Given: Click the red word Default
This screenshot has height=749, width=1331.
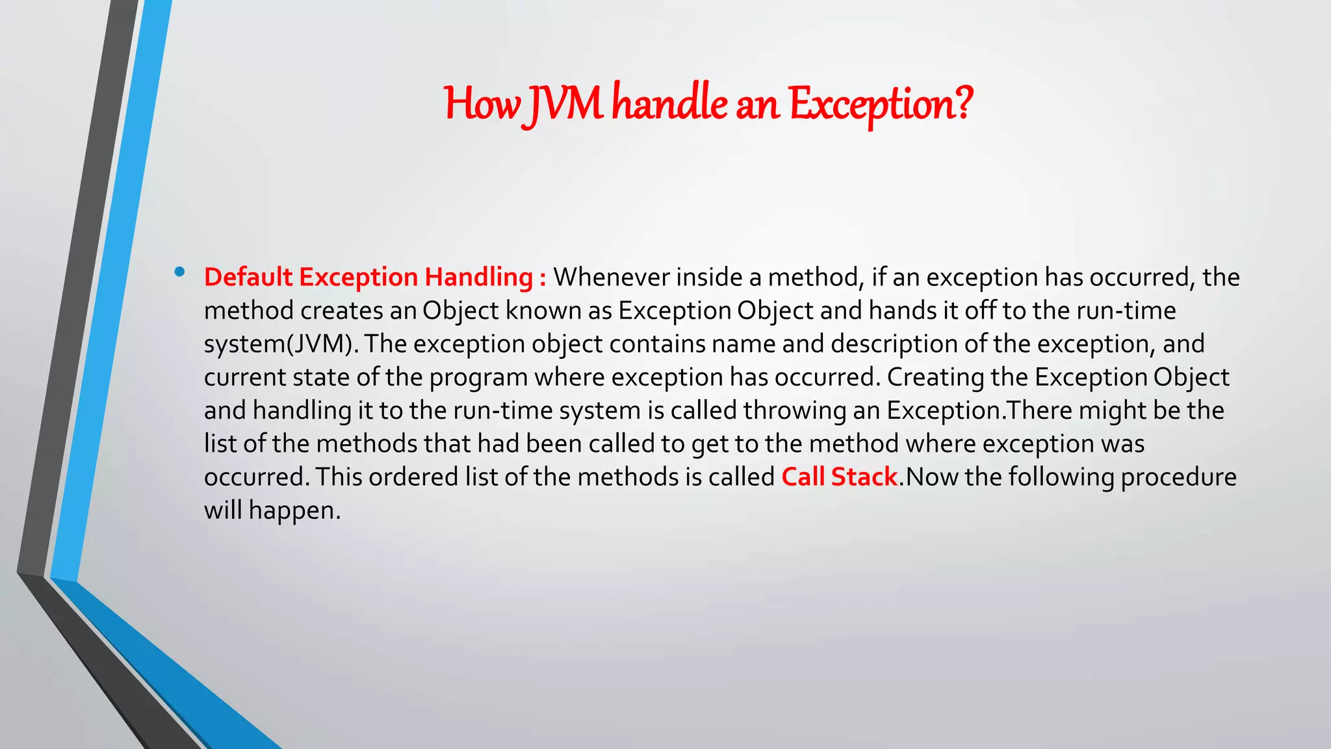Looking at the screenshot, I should (248, 278).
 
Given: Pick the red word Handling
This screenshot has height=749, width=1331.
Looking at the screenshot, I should (478, 278).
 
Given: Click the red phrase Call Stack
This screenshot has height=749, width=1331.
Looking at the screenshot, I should (839, 477).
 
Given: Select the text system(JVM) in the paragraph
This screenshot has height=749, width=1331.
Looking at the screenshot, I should (281, 344).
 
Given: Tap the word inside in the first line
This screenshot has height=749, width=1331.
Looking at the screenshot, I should (709, 278).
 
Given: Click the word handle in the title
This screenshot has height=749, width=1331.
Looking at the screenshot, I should (669, 104).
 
